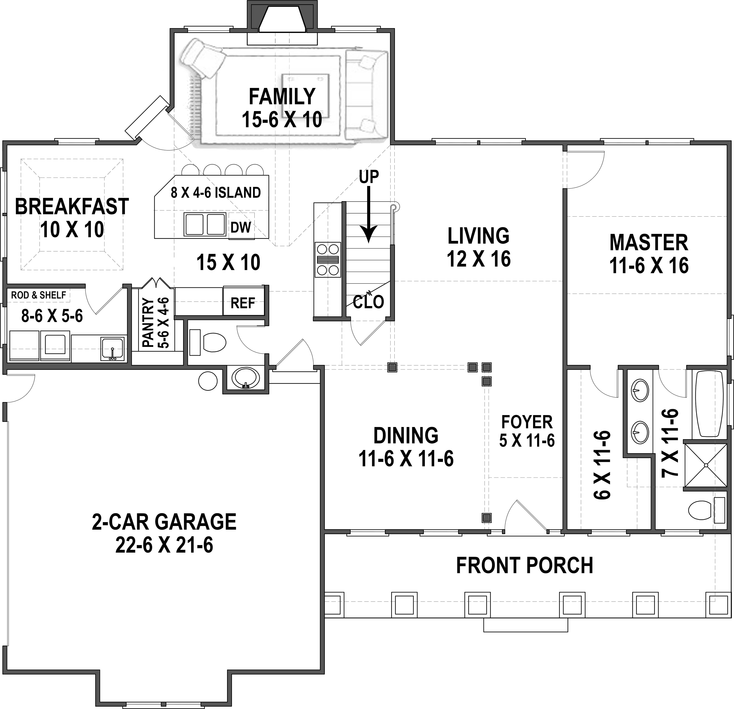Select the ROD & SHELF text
coord(39,295)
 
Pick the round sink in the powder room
coord(245,378)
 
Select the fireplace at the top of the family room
coord(282,19)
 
